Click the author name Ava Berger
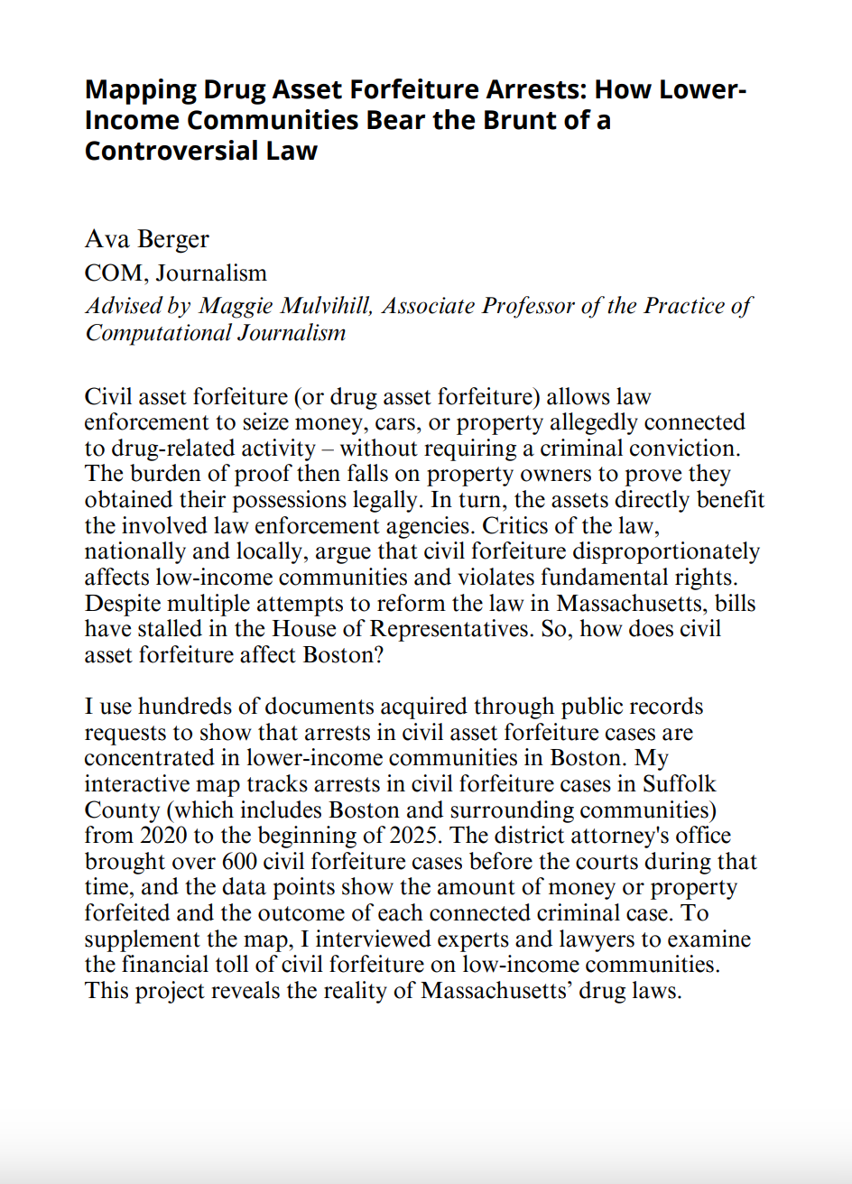pos(147,239)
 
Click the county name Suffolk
pos(681,784)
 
